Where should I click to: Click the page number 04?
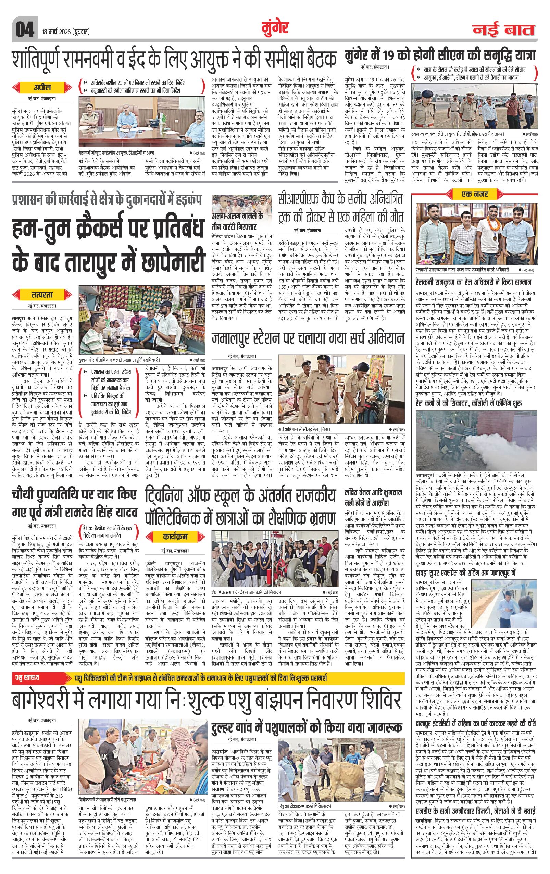click(24, 30)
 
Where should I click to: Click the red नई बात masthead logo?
click(503, 30)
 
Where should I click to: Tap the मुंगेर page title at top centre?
click(275, 28)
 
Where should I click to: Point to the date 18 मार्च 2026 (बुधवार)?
click(66, 32)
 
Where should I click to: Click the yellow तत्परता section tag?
click(42, 294)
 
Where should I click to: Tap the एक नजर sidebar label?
click(475, 194)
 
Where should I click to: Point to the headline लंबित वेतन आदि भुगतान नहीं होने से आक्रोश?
click(374, 498)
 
